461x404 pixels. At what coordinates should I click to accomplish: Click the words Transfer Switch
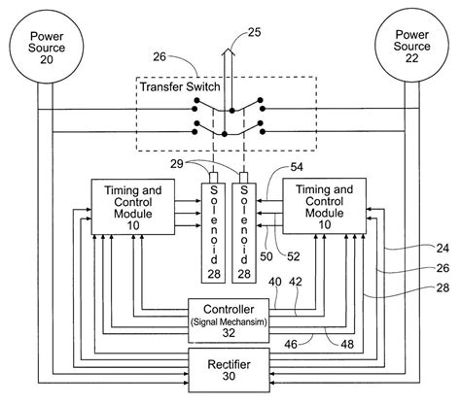click(x=180, y=86)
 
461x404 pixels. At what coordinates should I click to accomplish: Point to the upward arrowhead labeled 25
click(x=229, y=52)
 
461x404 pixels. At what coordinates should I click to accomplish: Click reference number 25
click(x=254, y=32)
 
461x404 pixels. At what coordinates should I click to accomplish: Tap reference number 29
click(x=177, y=164)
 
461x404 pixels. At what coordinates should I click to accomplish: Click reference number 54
click(x=297, y=167)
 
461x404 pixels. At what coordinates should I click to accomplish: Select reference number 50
click(x=266, y=256)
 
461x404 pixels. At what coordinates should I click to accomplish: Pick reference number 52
click(x=294, y=256)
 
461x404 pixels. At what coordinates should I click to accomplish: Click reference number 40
click(x=275, y=282)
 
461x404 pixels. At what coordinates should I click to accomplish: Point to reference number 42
click(x=296, y=282)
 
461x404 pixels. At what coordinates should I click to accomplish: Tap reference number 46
click(x=291, y=344)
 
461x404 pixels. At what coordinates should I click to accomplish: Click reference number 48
click(x=347, y=344)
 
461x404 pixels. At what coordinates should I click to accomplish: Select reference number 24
click(x=443, y=249)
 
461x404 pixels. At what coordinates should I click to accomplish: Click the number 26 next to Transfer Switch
click(x=160, y=57)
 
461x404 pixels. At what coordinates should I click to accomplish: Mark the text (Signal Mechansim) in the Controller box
click(x=229, y=322)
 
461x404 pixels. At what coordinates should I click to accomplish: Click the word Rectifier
click(x=229, y=364)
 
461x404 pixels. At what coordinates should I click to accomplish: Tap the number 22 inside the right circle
click(x=411, y=58)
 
